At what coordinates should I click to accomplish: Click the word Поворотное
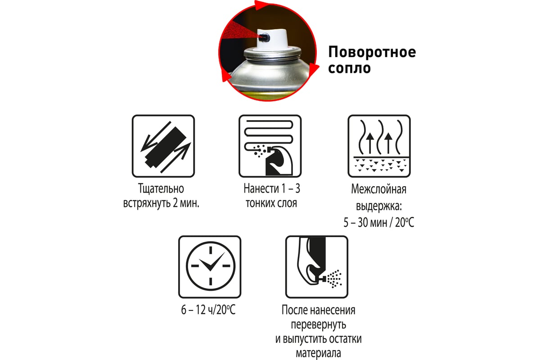tap(372, 52)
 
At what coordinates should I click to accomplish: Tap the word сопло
tap(349, 68)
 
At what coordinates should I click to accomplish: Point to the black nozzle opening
tap(265, 37)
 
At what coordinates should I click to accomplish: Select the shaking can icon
tap(163, 146)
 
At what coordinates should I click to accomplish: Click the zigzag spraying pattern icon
tap(270, 146)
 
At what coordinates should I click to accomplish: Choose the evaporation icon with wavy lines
tap(379, 146)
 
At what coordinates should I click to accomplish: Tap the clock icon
tap(210, 267)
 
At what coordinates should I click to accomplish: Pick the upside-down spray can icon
tap(317, 267)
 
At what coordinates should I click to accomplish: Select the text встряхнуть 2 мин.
tap(161, 203)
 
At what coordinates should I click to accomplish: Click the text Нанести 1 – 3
tap(272, 188)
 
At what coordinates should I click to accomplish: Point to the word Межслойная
tap(379, 189)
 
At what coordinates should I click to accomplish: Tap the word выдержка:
tap(379, 206)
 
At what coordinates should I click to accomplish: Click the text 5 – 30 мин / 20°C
tap(379, 222)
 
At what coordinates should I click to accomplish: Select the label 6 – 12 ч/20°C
tap(208, 310)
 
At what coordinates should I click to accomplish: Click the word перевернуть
tap(319, 324)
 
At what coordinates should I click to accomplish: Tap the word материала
tap(318, 353)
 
